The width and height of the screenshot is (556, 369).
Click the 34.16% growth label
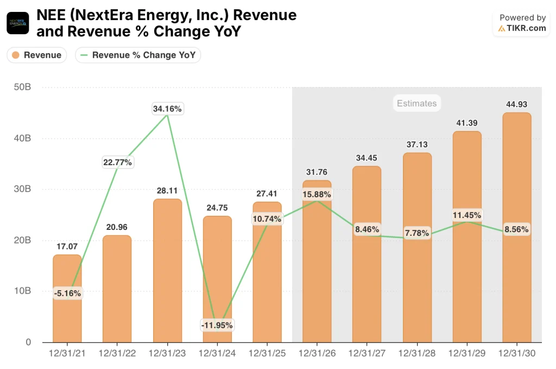tap(168, 109)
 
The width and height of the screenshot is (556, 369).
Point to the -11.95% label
tap(217, 326)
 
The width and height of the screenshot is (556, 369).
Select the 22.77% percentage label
tap(117, 162)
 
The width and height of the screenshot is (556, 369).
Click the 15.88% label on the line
tap(317, 194)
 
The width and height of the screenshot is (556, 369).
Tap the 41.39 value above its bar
tap(466, 123)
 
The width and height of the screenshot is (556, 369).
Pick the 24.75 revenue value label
tap(217, 208)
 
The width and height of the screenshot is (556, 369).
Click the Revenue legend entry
tap(36, 55)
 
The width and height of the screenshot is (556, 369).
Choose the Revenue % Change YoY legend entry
tap(138, 55)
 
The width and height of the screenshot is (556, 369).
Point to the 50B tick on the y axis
tap(22, 87)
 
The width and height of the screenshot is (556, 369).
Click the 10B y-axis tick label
tap(22, 291)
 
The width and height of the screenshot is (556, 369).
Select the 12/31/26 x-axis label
tap(317, 353)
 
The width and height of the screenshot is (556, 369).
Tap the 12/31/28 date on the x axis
tap(417, 353)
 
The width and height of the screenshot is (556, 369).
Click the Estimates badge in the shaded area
tap(416, 103)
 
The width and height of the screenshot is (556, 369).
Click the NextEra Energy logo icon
tap(17, 23)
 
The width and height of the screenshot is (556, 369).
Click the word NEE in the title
tap(50, 15)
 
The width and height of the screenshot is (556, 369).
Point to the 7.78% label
tap(417, 233)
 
